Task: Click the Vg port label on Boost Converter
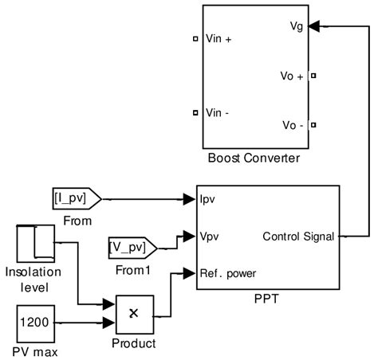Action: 296,27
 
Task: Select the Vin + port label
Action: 219,38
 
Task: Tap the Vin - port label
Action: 217,112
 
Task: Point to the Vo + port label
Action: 293,76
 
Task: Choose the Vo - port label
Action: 293,126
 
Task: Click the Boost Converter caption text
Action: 254,158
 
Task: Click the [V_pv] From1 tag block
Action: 130,248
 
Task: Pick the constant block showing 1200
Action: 34,323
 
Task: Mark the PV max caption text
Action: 35,351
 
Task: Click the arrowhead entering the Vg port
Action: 314,27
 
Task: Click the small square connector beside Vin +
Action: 195,38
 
